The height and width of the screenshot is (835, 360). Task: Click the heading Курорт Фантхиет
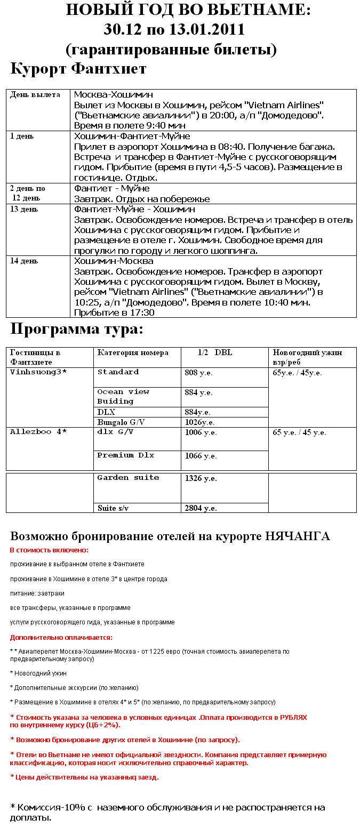[78, 69]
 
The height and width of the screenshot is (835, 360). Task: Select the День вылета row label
[35, 94]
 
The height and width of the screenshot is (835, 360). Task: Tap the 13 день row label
[24, 210]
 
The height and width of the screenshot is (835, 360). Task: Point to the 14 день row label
[24, 261]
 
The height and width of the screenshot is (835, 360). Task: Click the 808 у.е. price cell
[198, 373]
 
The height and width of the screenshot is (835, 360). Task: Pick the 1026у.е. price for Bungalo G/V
[200, 422]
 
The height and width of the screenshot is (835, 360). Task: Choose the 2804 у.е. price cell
[201, 508]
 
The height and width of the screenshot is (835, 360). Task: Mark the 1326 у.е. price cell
[201, 478]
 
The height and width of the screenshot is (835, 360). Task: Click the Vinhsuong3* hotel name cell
[38, 372]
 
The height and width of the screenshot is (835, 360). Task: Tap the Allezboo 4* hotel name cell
[38, 432]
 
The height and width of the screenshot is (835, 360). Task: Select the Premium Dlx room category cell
[125, 455]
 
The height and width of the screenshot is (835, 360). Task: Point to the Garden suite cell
[128, 478]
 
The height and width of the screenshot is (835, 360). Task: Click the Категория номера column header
[133, 352]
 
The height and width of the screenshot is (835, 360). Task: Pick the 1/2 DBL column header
[215, 352]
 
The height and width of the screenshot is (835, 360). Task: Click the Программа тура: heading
[77, 330]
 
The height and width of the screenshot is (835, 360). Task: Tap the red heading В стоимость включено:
[49, 550]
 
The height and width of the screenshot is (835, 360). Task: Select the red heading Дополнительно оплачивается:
[61, 637]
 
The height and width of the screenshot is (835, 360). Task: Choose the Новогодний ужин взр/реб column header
[307, 357]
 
